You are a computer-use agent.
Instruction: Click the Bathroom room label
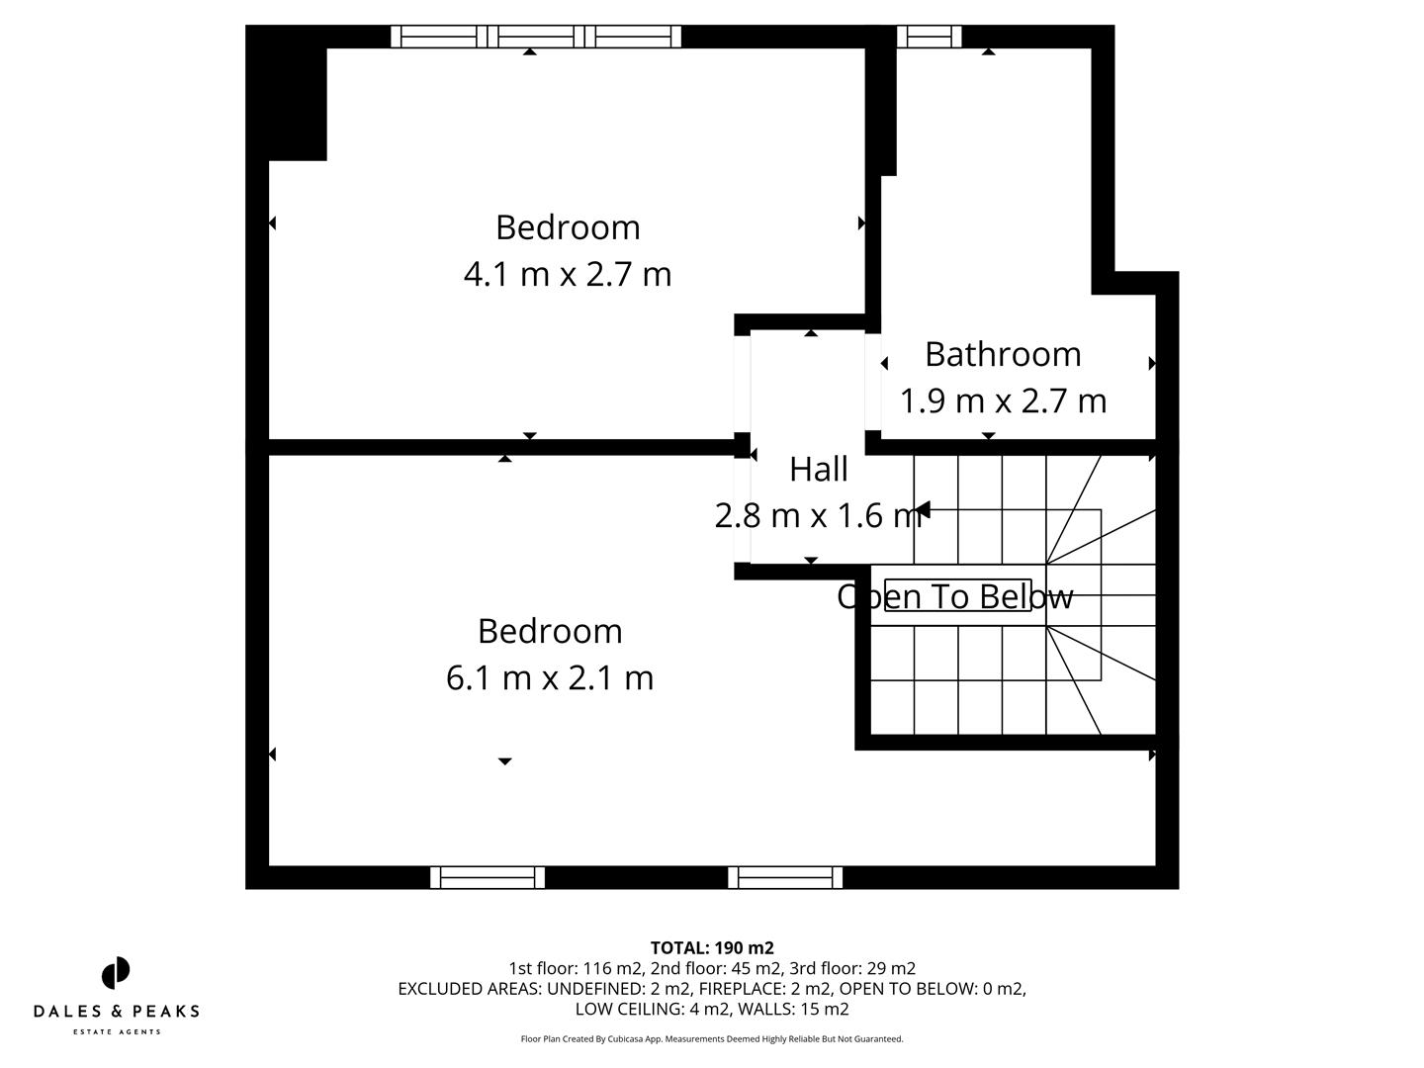point(1002,354)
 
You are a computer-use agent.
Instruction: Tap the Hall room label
point(818,469)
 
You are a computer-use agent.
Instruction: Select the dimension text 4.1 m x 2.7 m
point(568,274)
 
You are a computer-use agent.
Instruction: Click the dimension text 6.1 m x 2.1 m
point(550,678)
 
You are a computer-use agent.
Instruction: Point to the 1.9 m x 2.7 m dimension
point(1002,400)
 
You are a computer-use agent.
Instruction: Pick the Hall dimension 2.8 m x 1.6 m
point(817,515)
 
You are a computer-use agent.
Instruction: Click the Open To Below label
point(954,596)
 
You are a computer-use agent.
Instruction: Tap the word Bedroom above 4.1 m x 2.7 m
point(568,227)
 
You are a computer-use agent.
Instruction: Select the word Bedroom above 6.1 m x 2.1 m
point(550,631)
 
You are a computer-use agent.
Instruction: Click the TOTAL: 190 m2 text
point(712,947)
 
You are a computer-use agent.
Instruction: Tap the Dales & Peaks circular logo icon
point(116,973)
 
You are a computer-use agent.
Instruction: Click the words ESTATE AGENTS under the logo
point(116,1032)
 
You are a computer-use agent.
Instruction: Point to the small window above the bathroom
point(929,37)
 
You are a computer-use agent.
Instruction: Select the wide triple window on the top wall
point(536,37)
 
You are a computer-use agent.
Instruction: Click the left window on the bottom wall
point(488,877)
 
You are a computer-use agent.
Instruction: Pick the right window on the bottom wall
point(785,877)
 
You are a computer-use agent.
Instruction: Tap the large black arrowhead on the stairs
point(922,510)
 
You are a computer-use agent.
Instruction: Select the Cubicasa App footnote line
point(712,1039)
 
